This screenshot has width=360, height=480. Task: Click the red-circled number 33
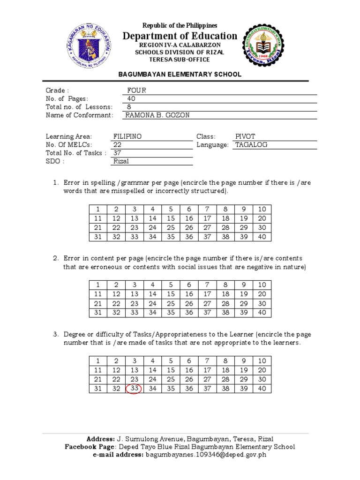(x=135, y=388)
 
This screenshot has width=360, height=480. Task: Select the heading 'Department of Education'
(x=180, y=36)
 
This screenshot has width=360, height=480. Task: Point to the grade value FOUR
(x=136, y=90)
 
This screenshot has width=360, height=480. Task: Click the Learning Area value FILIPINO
(x=127, y=136)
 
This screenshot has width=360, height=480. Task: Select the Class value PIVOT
(x=245, y=136)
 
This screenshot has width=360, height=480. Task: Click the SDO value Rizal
(x=121, y=161)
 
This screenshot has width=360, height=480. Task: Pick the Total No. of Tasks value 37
(x=117, y=153)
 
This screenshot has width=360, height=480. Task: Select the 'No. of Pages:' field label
(x=67, y=98)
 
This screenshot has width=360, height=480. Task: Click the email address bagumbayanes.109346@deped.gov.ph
(x=206, y=455)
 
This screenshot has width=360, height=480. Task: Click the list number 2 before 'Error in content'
(x=55, y=258)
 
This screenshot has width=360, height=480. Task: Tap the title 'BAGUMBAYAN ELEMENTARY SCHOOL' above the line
(x=180, y=74)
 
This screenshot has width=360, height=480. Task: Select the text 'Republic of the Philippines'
(x=180, y=25)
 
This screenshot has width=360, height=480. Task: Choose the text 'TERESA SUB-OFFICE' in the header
(x=180, y=60)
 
